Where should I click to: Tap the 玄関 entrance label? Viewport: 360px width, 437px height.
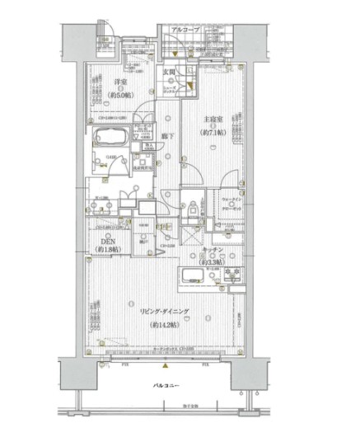pos(170,73)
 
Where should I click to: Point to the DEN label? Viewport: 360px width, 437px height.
pos(104,240)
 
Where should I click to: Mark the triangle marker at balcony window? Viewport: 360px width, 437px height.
pos(165,365)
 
